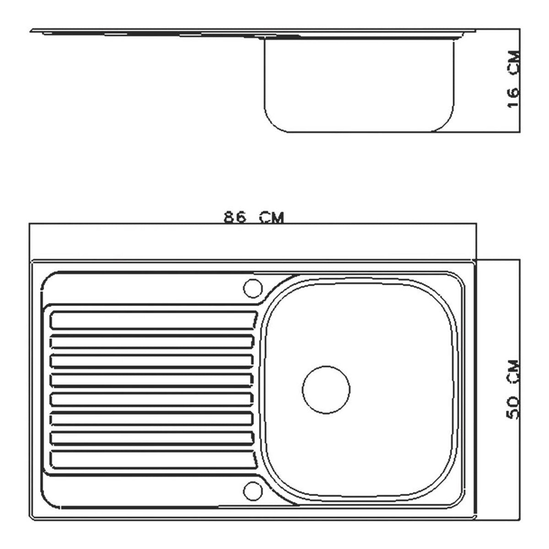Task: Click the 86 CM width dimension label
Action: pos(253,218)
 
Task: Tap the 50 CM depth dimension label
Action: pos(513,389)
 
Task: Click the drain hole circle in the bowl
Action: pos(326,390)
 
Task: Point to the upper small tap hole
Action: pos(253,289)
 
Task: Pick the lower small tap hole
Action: pos(253,491)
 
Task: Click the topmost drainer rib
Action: pos(153,321)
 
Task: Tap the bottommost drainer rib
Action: pos(153,459)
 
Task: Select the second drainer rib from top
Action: pos(152,341)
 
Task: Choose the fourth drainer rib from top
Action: pos(152,380)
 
